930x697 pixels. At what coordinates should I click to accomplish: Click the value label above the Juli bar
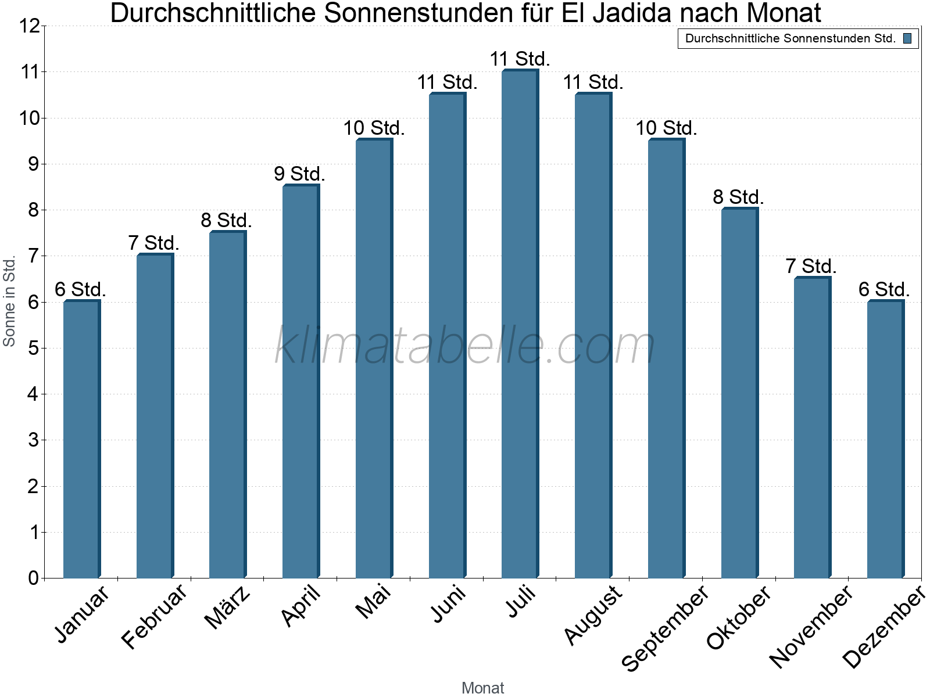(520, 59)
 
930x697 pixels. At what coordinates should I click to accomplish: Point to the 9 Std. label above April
(299, 174)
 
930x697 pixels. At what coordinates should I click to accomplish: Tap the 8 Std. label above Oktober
(738, 197)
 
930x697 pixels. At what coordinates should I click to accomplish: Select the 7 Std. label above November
(811, 266)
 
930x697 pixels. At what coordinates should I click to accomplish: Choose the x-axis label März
(228, 608)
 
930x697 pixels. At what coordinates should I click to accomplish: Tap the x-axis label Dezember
(884, 627)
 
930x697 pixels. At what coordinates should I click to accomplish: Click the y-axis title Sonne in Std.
(9, 302)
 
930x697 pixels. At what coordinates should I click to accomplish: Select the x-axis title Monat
(482, 688)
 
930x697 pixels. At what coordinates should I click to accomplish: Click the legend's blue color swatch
(907, 38)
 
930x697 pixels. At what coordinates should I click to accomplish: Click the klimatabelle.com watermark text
(465, 346)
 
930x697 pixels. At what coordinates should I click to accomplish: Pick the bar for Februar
(155, 416)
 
